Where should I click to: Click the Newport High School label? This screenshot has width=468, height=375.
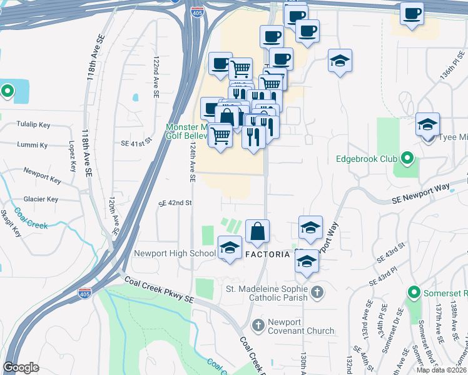tap(175, 254)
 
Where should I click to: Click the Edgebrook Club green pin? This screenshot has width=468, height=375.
tap(407, 158)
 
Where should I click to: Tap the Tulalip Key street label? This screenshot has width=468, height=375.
tap(34, 124)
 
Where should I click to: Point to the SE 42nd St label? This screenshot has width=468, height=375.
tap(175, 203)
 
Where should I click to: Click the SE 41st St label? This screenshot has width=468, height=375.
tap(136, 142)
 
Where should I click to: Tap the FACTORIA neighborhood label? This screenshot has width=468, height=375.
tap(269, 255)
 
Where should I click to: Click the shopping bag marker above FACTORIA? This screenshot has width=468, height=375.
tap(258, 232)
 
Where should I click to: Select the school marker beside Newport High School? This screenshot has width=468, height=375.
tap(230, 249)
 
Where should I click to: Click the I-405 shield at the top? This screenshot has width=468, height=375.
tap(197, 11)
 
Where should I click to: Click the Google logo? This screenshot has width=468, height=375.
tap(21, 367)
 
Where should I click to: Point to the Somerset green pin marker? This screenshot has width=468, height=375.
tap(414, 292)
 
